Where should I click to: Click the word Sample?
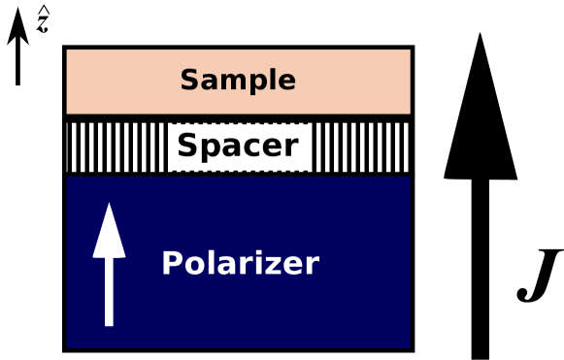pyautogui.click(x=238, y=81)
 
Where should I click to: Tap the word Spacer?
pyautogui.click(x=238, y=147)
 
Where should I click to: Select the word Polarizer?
pyautogui.click(x=240, y=264)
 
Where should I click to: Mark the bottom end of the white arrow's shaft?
pyautogui.click(x=109, y=324)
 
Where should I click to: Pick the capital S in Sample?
pyautogui.click(x=188, y=81)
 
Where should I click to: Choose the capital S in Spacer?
pyautogui.click(x=185, y=147)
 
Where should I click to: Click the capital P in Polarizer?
pyautogui.click(x=170, y=263)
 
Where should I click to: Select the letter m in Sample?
pyautogui.click(x=230, y=82)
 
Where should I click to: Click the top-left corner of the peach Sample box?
pyautogui.click(x=67, y=49)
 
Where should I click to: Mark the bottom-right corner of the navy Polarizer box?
pyautogui.click(x=410, y=346)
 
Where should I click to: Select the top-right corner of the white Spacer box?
pyautogui.click(x=308, y=125)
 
